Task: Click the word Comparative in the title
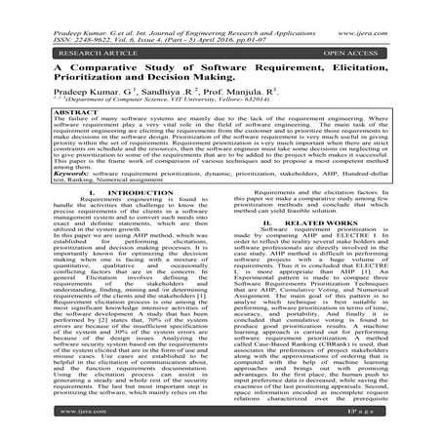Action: pos(89,68)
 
